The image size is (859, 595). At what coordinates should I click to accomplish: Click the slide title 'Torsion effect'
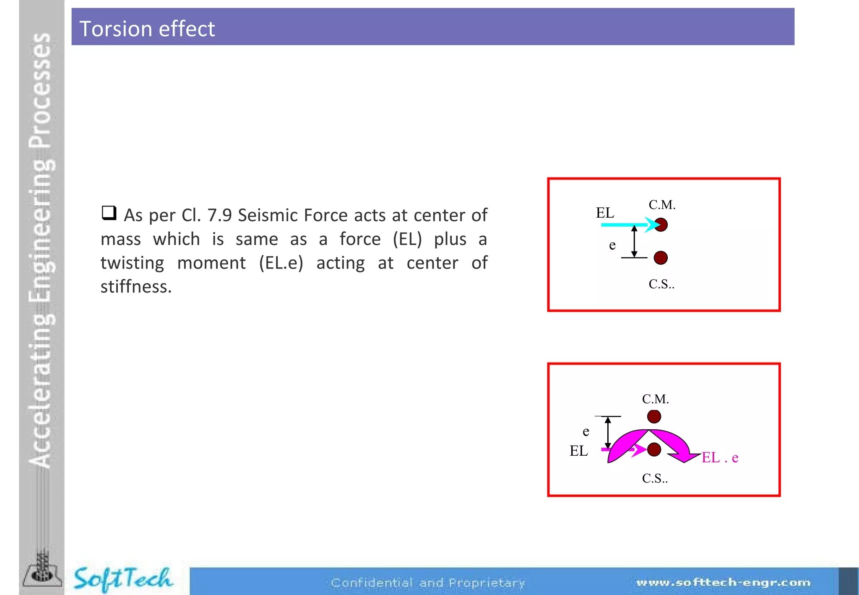[x=147, y=29]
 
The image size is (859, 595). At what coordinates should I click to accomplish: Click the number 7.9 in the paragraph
[x=219, y=215]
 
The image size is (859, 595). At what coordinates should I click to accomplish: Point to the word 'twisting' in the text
[x=132, y=263]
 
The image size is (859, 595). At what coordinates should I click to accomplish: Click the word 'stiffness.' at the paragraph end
[x=136, y=287]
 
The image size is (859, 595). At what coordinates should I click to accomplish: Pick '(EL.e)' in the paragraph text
[x=281, y=263]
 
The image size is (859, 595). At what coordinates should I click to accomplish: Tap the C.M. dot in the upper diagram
[x=661, y=225]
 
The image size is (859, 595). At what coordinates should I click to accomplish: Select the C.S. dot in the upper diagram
[x=661, y=258]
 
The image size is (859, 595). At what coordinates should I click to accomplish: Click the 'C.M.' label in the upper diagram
[x=662, y=205]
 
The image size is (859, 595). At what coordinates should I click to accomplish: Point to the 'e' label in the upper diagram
[x=612, y=245]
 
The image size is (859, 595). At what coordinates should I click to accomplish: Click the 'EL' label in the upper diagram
[x=605, y=213]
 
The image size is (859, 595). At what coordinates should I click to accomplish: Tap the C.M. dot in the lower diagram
[x=654, y=417]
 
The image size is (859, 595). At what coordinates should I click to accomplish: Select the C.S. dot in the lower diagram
[x=654, y=449]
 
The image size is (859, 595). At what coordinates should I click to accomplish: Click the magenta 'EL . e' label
[x=720, y=457]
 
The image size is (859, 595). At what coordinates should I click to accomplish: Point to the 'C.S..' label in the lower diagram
[x=655, y=478]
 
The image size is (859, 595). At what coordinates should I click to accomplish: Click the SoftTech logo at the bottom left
[x=122, y=579]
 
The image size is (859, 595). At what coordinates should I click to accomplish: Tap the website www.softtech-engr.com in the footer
[x=723, y=582]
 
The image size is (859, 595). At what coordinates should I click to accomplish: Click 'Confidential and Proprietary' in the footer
[x=428, y=583]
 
